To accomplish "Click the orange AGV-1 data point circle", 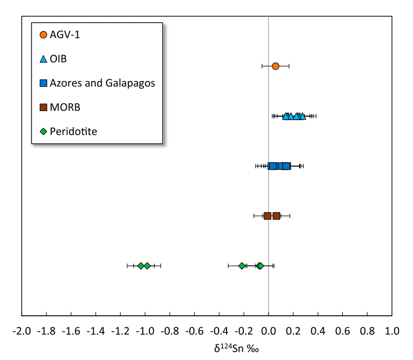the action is [276, 66].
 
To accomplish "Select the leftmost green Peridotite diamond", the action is [141, 266].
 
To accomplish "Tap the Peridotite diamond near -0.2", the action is [242, 266].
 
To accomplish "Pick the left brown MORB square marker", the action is [267, 216].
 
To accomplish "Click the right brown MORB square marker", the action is [276, 216].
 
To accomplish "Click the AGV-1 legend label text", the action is [65, 35].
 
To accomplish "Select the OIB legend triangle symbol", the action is [44, 59].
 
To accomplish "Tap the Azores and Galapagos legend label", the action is [102, 83].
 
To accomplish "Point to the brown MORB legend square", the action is [44, 107].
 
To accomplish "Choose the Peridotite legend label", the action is [74, 132].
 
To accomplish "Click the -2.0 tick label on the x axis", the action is [22, 331].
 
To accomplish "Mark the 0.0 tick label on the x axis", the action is [269, 331].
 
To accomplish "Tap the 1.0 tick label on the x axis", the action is [392, 331].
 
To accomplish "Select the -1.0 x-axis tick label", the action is [145, 331].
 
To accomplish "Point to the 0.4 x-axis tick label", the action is [318, 331].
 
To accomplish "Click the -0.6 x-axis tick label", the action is [194, 331].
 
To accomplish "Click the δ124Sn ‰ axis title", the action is [236, 348].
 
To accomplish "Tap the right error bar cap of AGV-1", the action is [289, 66].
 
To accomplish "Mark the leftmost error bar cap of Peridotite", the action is [127, 266].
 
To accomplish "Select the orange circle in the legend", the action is [44, 35].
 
